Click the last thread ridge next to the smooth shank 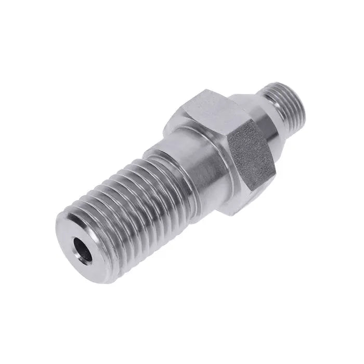[156, 156]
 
